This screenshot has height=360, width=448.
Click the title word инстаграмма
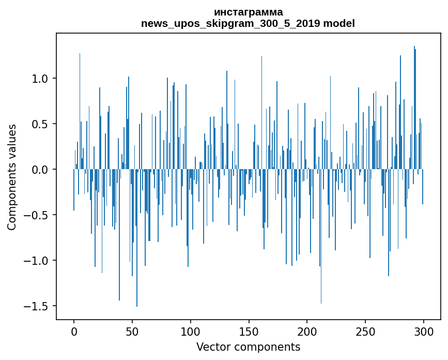(248, 12)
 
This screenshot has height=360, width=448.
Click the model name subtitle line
(248, 23)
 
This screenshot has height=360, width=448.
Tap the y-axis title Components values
(12, 177)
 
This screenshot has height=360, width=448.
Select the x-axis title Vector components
(248, 347)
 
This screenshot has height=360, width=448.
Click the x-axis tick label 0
(74, 331)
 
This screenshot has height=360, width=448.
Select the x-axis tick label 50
(132, 331)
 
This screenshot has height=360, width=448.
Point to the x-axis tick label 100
(191, 331)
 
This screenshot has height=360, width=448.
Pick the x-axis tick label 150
(249, 331)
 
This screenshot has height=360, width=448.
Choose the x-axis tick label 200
(307, 331)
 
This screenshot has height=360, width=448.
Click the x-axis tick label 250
(365, 331)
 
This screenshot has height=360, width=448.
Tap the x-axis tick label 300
(424, 331)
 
